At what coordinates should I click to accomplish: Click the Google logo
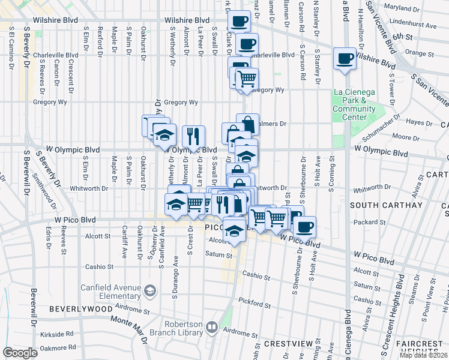(x=20, y=353)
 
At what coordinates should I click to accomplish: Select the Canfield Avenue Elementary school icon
(x=149, y=292)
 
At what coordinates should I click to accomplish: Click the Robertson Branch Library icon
(x=211, y=328)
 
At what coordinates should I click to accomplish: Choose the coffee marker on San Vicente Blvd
(x=345, y=59)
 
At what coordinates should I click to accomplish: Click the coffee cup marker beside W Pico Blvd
(x=304, y=226)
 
